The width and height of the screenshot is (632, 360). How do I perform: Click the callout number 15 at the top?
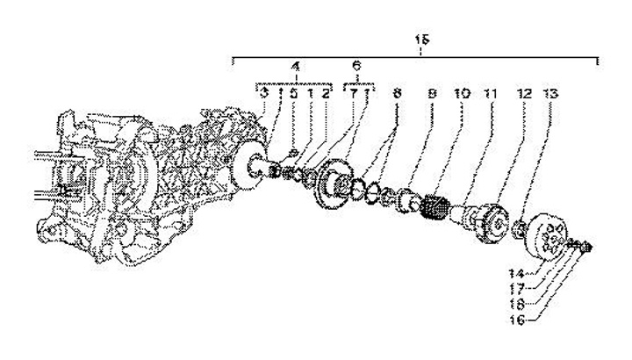(422, 40)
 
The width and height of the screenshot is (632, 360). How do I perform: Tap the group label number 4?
(295, 66)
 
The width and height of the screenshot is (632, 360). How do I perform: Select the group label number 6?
(356, 66)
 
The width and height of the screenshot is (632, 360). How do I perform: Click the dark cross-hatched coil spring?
(435, 212)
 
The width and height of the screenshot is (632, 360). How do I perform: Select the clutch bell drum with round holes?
(551, 238)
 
